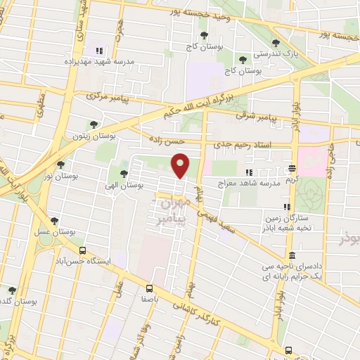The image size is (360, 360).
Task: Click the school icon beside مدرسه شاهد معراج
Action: click(247, 172)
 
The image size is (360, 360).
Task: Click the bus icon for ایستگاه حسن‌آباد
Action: click(83, 250)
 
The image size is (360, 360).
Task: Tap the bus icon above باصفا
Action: click(149, 288)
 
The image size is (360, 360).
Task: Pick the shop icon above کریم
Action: click(292, 168)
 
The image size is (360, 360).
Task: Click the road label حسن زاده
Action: click(175, 141)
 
